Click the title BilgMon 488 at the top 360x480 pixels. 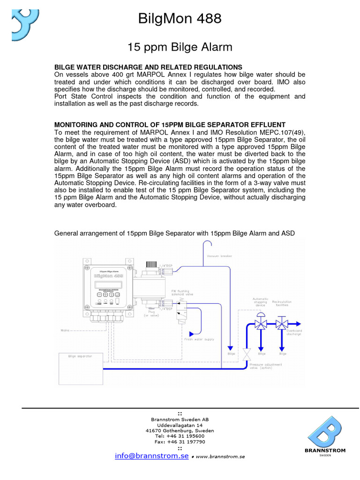(180, 19)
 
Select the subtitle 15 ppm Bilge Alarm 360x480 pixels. (180, 47)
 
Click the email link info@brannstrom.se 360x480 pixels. (152, 456)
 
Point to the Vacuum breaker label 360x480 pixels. (219, 256)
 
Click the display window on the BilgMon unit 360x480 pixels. (105, 285)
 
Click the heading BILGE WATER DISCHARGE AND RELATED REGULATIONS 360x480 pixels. (149, 67)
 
